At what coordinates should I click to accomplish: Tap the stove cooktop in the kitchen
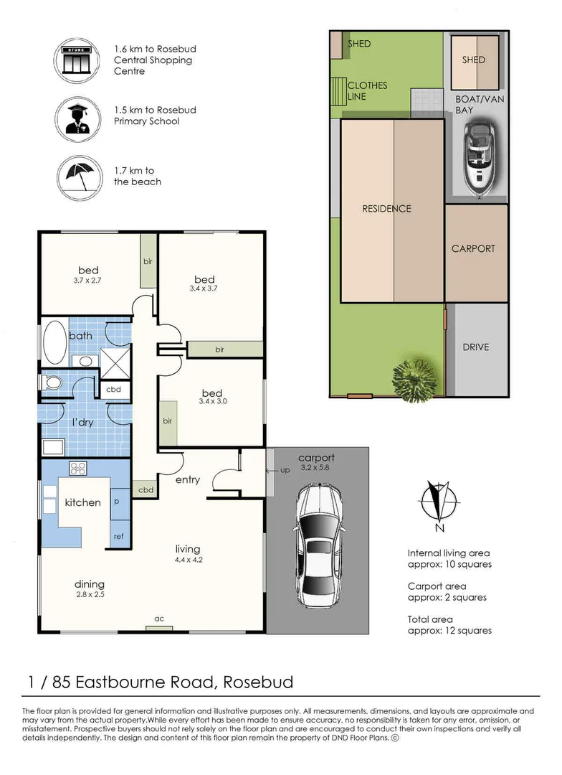click(78, 469)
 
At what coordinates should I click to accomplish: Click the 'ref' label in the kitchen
click(120, 535)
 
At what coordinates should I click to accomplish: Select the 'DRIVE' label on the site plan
click(475, 347)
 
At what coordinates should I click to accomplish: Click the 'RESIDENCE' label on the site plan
click(386, 209)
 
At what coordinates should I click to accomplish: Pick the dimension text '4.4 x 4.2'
click(187, 560)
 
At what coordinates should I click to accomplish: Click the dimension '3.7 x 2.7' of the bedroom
click(88, 281)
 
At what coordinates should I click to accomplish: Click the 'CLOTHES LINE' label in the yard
click(367, 90)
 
